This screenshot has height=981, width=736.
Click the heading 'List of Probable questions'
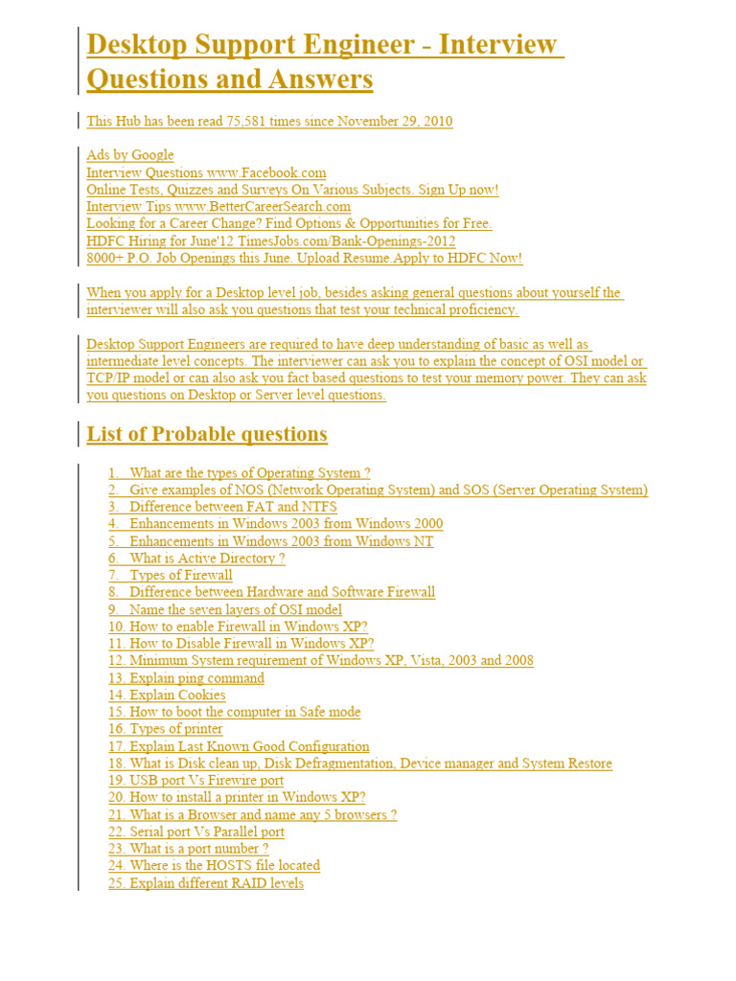[207, 434]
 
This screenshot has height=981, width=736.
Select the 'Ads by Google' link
[130, 155]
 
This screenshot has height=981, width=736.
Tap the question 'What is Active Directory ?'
[207, 559]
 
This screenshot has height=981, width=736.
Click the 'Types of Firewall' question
[181, 576]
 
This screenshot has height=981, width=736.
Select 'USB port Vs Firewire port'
[207, 781]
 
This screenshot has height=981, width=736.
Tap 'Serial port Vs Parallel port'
[207, 832]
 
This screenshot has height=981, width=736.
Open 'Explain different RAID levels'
[217, 883]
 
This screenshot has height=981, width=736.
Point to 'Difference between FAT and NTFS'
[233, 507]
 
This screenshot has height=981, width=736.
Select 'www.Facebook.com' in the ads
[266, 172]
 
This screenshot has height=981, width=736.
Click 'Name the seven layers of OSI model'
[236, 610]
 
